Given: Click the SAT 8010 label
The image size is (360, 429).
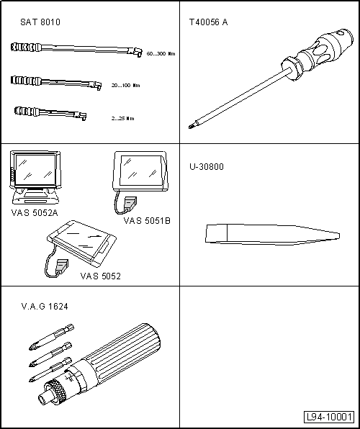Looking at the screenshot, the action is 40,22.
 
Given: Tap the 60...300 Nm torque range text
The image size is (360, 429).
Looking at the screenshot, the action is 161,53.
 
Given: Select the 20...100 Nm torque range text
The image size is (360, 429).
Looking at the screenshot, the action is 126,86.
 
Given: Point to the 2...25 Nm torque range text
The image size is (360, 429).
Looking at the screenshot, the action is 123,119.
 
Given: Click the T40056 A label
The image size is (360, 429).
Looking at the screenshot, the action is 208,22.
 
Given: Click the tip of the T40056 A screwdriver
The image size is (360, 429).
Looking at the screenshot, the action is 189,127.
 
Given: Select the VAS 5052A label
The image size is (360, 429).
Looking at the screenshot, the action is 35,213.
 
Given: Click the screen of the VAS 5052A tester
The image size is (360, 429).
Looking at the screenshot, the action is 35,170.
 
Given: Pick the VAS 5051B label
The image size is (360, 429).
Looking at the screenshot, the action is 147,221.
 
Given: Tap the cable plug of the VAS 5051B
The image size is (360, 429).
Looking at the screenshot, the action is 130,203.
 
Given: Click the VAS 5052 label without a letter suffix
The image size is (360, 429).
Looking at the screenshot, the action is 101,276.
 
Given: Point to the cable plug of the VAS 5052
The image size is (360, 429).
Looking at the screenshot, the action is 62,266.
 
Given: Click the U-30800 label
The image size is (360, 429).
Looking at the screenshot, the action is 207,166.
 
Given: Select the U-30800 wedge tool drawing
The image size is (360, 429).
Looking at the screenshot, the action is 272,234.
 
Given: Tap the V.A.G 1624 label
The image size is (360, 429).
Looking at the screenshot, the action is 45,307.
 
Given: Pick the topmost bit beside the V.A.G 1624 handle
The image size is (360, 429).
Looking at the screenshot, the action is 51,337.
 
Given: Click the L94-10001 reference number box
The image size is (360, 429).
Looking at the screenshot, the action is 329,417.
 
